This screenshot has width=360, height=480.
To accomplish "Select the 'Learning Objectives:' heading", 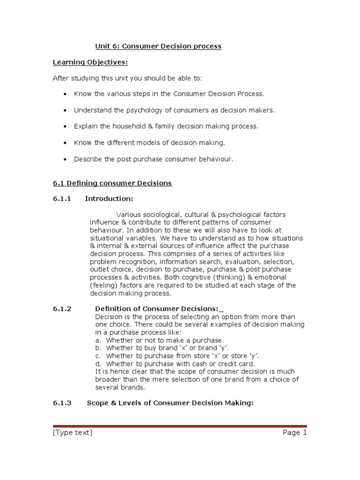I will tap(90, 62).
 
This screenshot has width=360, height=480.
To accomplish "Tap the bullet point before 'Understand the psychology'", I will tap(65, 111).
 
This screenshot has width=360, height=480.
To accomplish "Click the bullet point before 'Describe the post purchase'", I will tap(65, 160).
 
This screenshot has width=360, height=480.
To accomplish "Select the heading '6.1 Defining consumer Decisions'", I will tap(112, 183).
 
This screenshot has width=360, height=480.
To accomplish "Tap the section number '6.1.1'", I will tap(61, 199).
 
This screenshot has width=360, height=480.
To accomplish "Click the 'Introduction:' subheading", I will tap(109, 199).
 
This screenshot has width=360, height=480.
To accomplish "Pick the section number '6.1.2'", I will tap(61, 308).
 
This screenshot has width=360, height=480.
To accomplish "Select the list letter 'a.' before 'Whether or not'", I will tap(98, 340).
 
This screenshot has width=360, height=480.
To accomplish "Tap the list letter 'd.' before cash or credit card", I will tap(98, 364).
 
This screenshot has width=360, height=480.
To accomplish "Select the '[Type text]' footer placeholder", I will tap(72, 433).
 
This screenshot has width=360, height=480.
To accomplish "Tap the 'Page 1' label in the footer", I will tap(294, 433).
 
